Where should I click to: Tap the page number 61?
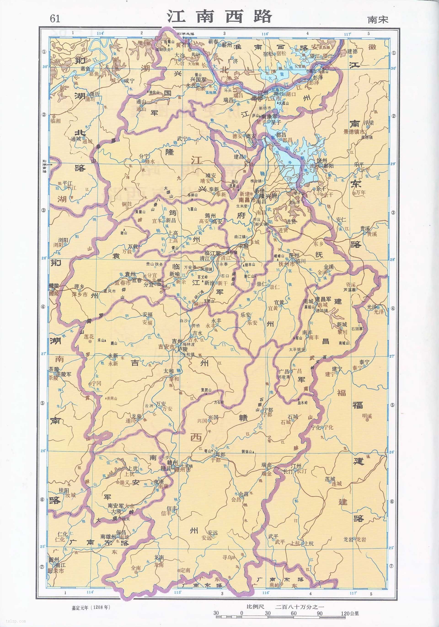tap(55, 18)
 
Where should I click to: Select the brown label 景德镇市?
tap(354, 132)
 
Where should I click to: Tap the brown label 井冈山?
tap(112, 399)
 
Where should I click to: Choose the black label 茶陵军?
tap(64, 374)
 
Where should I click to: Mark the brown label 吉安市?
tap(166, 347)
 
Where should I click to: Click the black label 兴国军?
tap(198, 80)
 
